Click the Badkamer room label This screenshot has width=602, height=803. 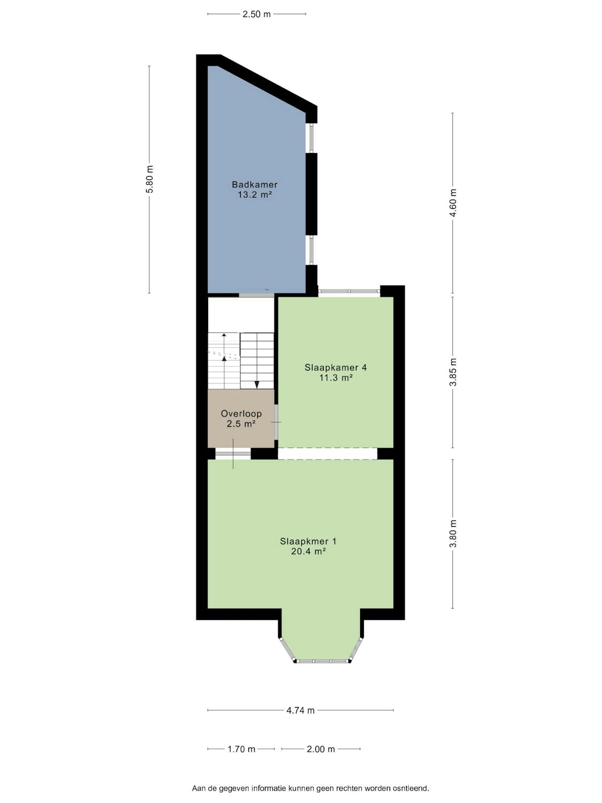pyautogui.click(x=254, y=185)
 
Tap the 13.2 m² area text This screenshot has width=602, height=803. pyautogui.click(x=254, y=195)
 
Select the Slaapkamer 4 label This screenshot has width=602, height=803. pyautogui.click(x=336, y=367)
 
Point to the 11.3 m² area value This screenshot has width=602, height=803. pyautogui.click(x=336, y=377)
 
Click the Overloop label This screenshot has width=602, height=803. pyautogui.click(x=241, y=414)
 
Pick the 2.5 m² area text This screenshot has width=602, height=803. pyautogui.click(x=241, y=424)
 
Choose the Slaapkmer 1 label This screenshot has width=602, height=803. pyautogui.click(x=308, y=541)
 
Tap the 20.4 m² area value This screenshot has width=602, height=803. pyautogui.click(x=308, y=551)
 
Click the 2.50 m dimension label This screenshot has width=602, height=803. pyautogui.click(x=257, y=14)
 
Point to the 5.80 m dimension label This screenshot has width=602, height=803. pyautogui.click(x=149, y=179)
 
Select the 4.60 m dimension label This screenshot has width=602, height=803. pyautogui.click(x=453, y=203)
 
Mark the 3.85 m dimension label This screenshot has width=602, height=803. pyautogui.click(x=453, y=372)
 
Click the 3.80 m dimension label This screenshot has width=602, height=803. pyautogui.click(x=453, y=534)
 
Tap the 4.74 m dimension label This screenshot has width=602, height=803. pyautogui.click(x=300, y=710)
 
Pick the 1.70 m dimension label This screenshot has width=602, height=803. pyautogui.click(x=241, y=749)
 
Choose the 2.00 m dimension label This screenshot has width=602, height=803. pyautogui.click(x=321, y=749)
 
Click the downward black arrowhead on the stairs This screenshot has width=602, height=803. pyautogui.click(x=257, y=384)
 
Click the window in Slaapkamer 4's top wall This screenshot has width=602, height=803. pyautogui.click(x=349, y=291)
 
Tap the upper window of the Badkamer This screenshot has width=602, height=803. pyautogui.click(x=311, y=138)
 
